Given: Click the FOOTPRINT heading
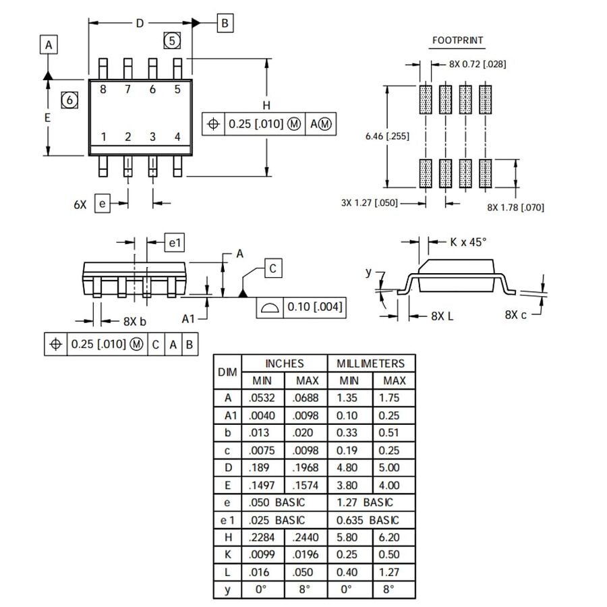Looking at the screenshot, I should [457, 40].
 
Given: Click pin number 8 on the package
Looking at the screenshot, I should [103, 89].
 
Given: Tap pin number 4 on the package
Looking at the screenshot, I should [177, 137].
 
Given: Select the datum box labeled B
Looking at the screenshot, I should [225, 23].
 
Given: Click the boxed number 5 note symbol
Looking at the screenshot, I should [172, 41].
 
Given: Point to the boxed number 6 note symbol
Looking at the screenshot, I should [69, 100].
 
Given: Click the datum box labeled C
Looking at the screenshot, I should [272, 268].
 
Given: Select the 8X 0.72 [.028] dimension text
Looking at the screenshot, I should [478, 64].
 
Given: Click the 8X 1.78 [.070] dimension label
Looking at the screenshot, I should [515, 207].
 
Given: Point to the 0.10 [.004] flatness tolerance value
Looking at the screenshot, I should [315, 308].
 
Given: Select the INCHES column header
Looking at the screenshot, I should [284, 364].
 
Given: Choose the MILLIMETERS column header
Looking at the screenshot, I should [371, 364].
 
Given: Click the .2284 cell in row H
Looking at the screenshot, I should [262, 538].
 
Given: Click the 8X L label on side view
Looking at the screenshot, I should [442, 315].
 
